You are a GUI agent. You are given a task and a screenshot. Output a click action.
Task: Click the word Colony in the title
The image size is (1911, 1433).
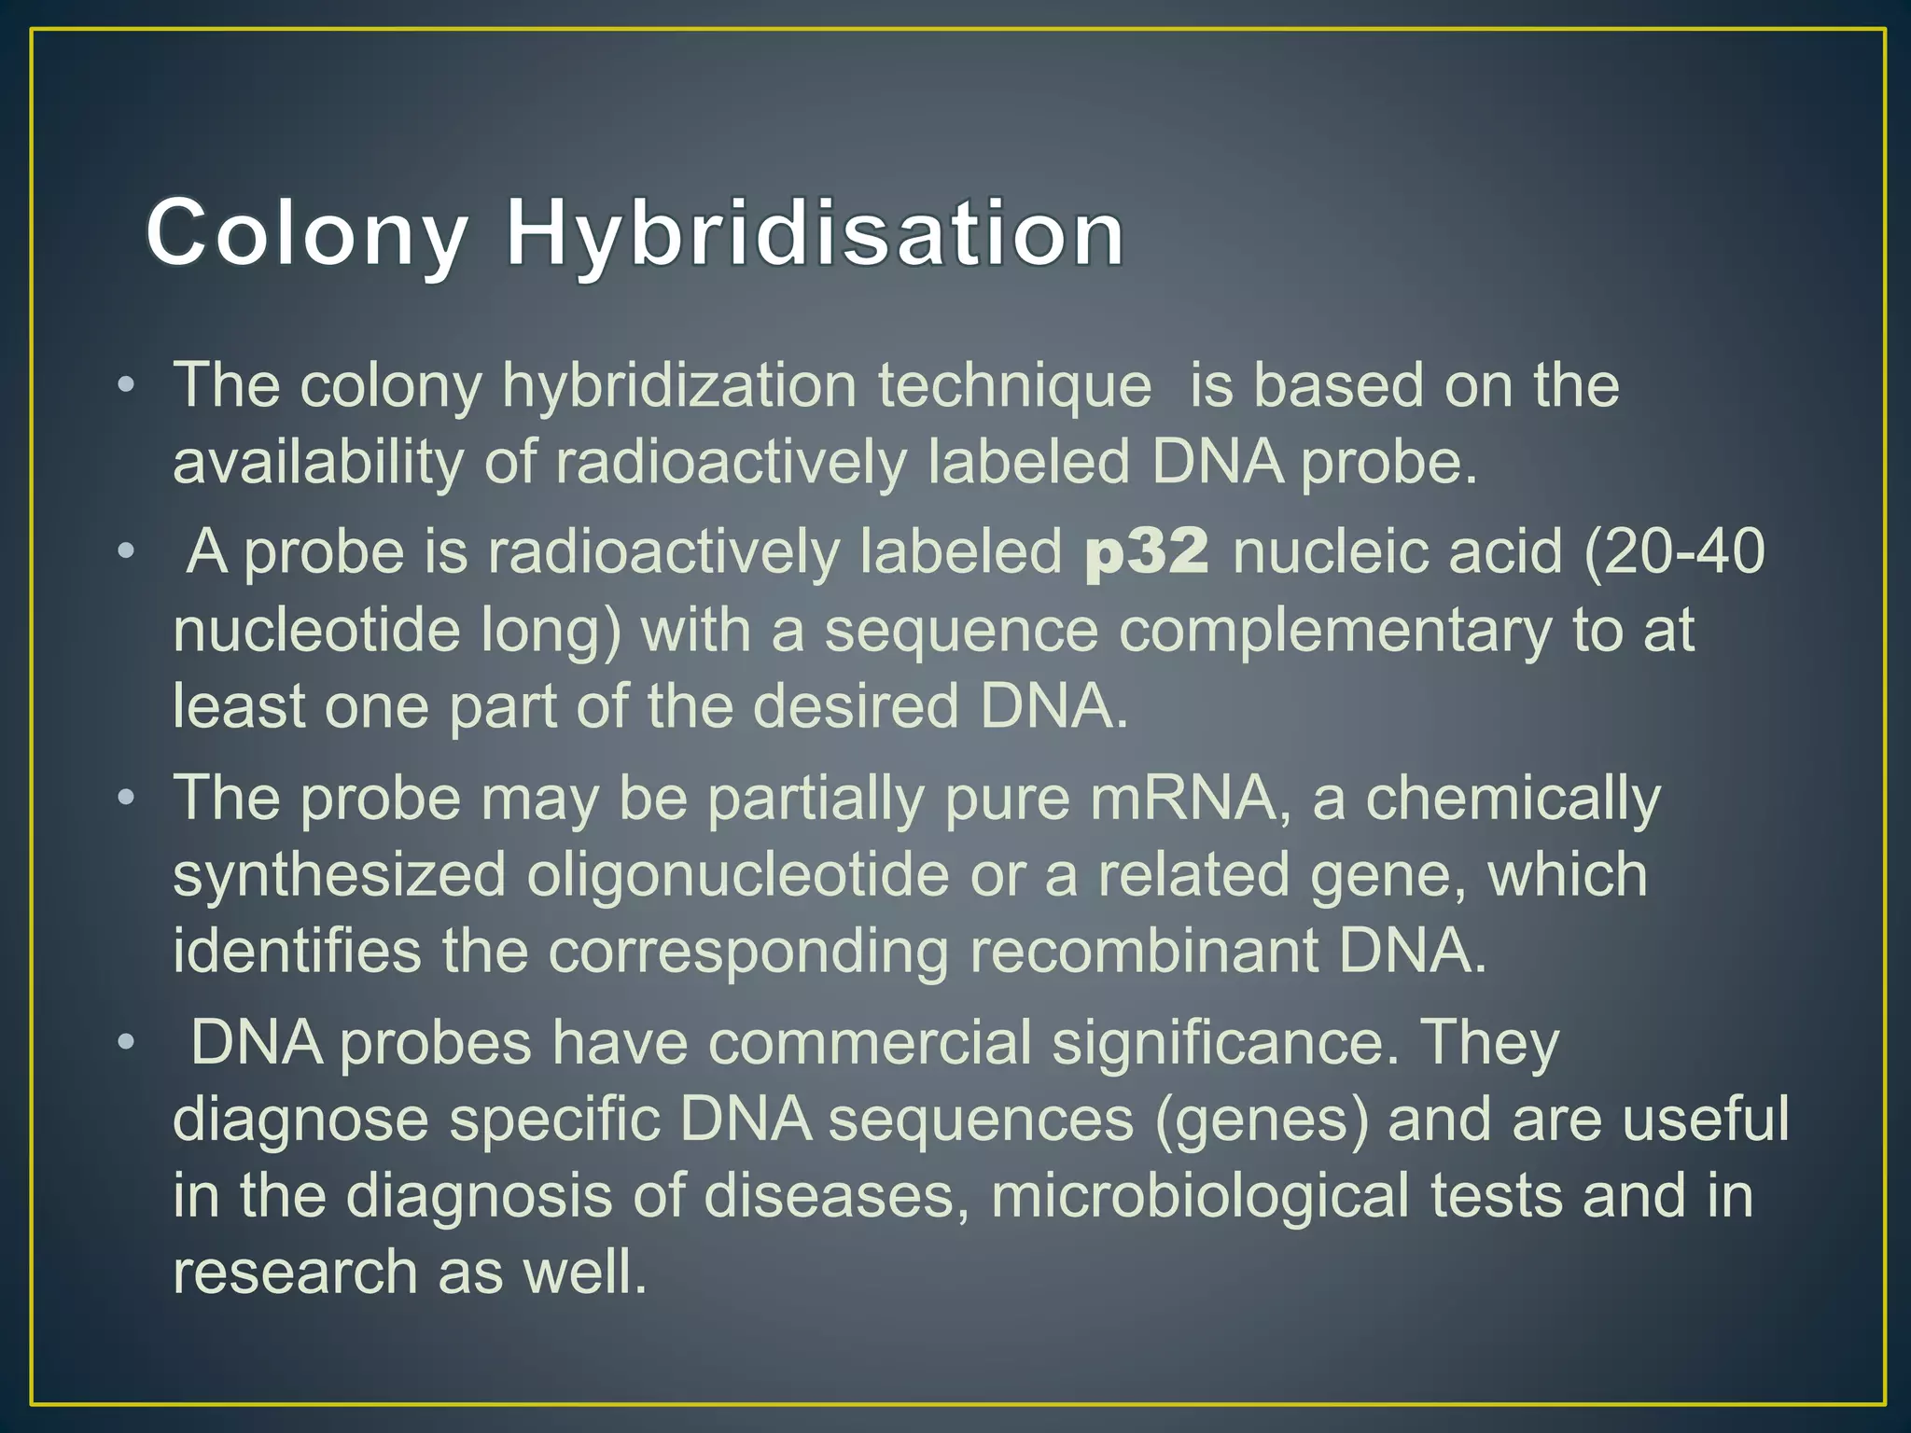point(306,233)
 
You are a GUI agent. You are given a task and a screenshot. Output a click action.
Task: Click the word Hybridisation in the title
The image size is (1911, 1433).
point(815,233)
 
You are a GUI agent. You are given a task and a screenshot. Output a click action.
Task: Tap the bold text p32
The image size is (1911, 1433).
point(1147,551)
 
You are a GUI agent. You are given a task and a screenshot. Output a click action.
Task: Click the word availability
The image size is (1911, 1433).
point(318,463)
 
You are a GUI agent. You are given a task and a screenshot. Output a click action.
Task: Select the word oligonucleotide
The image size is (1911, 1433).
point(738,875)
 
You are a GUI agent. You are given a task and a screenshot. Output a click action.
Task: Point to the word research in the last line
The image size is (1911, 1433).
point(295,1272)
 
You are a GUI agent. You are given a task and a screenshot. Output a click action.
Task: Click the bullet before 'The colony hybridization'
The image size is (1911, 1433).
point(127,385)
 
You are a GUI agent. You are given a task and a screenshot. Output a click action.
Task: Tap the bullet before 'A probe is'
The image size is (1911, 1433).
point(127,551)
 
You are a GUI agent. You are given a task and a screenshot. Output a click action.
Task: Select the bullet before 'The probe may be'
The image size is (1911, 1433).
point(127,799)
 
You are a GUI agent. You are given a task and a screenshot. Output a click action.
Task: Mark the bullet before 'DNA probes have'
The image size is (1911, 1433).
point(127,1042)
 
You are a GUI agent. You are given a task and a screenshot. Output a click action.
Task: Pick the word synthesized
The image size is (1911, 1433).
point(340,875)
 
